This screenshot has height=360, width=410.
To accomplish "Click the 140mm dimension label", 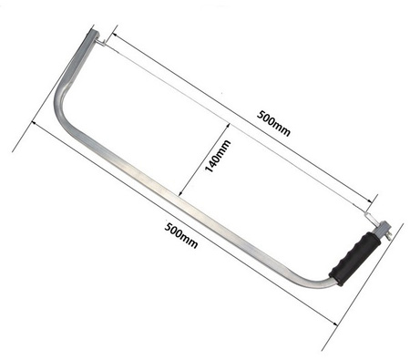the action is pyautogui.click(x=218, y=156).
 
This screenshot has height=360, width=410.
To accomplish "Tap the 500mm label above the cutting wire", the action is pyautogui.click(x=273, y=123).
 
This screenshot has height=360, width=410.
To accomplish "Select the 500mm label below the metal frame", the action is pyautogui.click(x=181, y=235).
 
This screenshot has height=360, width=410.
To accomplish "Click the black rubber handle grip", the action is pyautogui.click(x=355, y=259).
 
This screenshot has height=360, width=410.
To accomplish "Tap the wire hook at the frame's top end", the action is pyautogui.click(x=101, y=43).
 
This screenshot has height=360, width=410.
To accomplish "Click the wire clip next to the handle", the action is pyautogui.click(x=370, y=217).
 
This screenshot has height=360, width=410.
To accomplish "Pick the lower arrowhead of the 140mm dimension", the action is pyautogui.click(x=179, y=194).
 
